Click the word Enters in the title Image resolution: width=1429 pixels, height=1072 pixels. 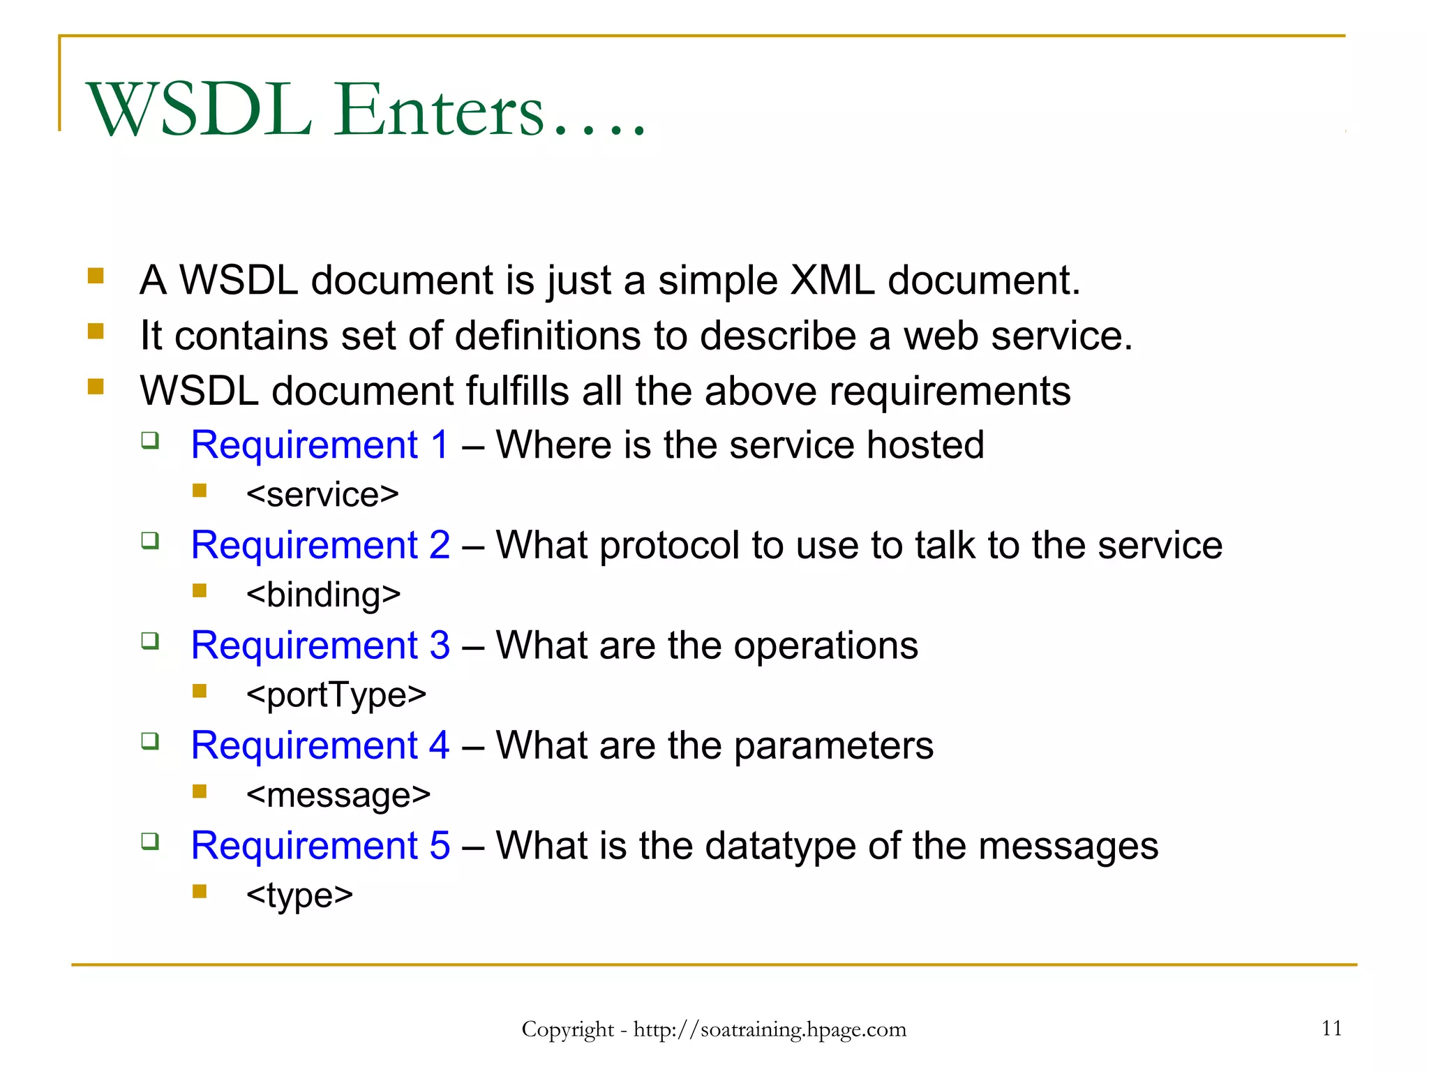click(438, 110)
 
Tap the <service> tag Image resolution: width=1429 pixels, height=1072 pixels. click(322, 495)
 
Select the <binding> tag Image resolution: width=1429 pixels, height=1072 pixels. click(323, 595)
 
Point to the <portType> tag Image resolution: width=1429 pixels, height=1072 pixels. click(336, 695)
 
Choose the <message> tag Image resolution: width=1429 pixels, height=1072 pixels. click(338, 795)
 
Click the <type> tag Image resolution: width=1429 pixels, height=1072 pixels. click(299, 895)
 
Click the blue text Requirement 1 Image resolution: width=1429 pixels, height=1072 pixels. click(320, 445)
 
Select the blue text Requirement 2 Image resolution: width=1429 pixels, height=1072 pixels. click(320, 545)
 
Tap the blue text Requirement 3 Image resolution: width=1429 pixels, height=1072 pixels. click(320, 645)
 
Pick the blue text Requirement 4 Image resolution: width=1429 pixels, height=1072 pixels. click(320, 745)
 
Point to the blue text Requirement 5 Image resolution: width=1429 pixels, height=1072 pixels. click(320, 845)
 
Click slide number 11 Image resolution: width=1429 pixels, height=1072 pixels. click(1331, 1028)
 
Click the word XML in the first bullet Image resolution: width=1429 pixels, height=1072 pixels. click(832, 281)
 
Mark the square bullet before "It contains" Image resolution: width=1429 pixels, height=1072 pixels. click(96, 331)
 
